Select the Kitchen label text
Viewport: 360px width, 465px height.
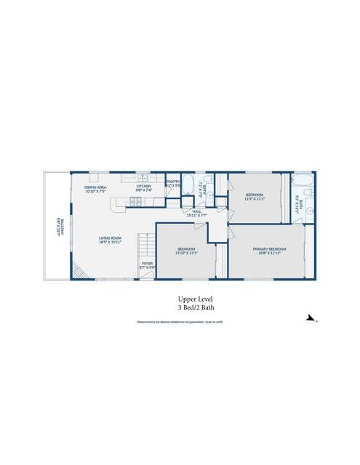tap(143, 189)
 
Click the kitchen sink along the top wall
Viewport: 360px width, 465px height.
tap(143, 178)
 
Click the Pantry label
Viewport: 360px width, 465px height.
tap(173, 184)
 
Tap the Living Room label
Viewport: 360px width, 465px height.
tap(110, 240)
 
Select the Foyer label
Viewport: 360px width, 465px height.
tap(147, 265)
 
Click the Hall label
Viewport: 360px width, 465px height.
tap(197, 214)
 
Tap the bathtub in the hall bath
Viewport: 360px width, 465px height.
tap(187, 185)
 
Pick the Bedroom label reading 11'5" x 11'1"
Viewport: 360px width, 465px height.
tap(255, 196)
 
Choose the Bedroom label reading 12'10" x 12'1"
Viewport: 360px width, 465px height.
tap(186, 251)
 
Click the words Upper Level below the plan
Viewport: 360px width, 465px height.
tap(195, 299)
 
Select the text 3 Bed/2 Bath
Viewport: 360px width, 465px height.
tap(195, 308)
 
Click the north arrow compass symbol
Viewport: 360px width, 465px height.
tap(311, 318)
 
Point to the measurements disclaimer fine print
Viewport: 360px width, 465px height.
tap(180, 321)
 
